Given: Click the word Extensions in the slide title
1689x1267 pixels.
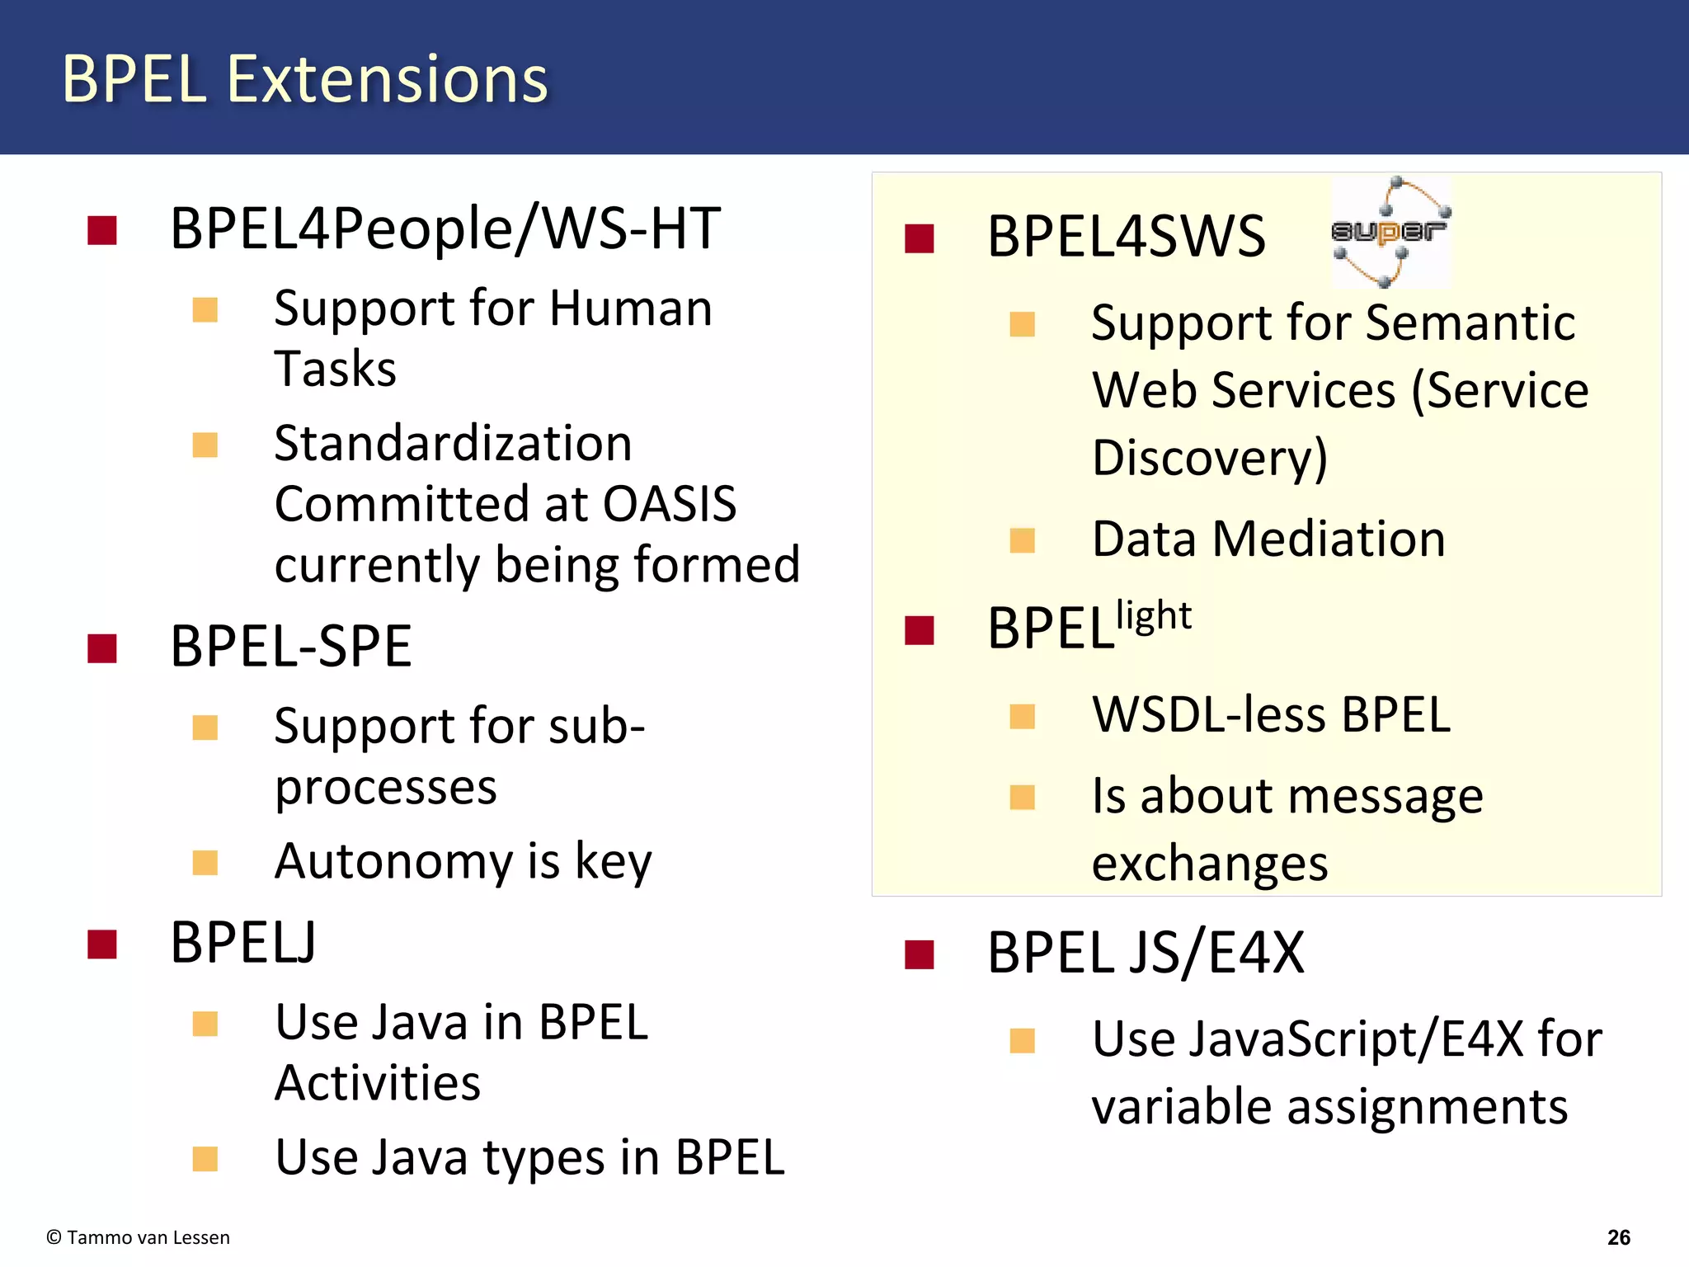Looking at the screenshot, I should coord(387,79).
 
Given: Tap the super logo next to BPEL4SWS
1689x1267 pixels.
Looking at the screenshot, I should coord(1390,232).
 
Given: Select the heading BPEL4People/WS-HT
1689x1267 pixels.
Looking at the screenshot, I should coord(445,228).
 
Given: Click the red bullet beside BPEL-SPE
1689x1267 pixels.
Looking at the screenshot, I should coord(102,648).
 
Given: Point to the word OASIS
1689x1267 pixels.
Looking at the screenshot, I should coord(670,504).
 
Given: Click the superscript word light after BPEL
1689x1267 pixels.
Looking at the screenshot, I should coord(1153,615).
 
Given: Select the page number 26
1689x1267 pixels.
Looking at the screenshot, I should coord(1618,1237).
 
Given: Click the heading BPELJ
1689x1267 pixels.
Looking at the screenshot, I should coord(243,942).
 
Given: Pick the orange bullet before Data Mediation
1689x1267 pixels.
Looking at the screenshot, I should coord(1022,540).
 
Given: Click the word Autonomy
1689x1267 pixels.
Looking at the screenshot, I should coord(393,861).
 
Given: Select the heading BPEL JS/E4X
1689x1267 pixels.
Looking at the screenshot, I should coord(1146,953).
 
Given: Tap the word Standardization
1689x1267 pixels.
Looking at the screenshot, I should coord(453,444).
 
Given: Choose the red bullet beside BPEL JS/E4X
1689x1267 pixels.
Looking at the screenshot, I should coord(919,954).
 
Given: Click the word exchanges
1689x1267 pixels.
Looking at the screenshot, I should coord(1209,864).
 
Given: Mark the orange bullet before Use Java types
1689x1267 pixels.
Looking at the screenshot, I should coord(205,1159).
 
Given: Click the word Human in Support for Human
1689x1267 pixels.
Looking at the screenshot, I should coord(630,309).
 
